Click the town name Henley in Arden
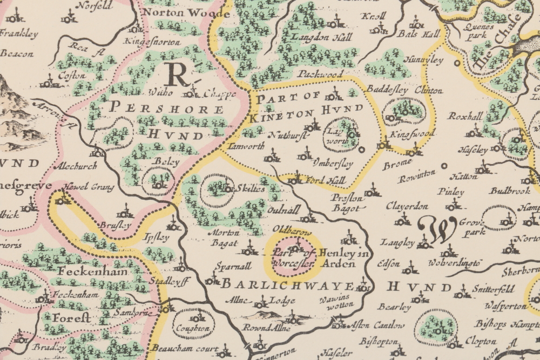coord(330,259)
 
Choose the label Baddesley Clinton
coord(404,90)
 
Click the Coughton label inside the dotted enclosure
coord(192,328)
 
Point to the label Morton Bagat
coord(224,237)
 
